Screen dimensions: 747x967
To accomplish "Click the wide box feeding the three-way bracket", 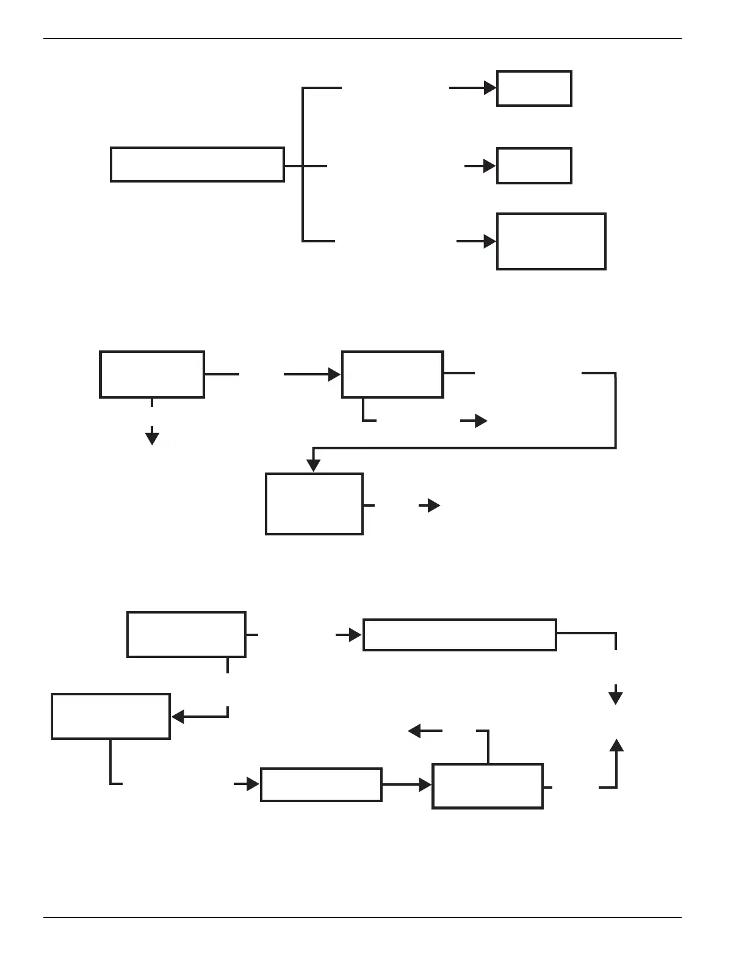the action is point(197,165).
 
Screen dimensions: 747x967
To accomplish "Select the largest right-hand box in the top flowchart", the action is point(551,241).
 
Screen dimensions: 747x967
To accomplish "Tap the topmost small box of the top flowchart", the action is point(534,89).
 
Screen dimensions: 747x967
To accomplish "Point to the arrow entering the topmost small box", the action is point(473,88).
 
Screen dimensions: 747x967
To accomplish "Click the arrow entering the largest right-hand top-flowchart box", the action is point(477,242).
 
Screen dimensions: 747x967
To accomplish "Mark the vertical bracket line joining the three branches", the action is point(303,165).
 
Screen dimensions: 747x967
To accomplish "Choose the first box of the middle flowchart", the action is point(152,374).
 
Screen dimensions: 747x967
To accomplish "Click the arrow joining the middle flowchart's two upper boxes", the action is point(312,374).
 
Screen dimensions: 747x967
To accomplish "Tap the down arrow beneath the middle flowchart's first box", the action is point(152,437).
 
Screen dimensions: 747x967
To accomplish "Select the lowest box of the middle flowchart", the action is point(314,504).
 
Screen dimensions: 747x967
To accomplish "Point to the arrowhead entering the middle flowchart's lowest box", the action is point(313,465).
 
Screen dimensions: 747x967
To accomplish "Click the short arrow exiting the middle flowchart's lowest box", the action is point(430,505).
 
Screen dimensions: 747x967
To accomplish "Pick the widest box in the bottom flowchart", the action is point(460,635).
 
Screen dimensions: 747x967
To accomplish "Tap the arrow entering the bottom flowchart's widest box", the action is point(349,636).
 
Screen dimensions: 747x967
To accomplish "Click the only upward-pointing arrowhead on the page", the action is point(616,745).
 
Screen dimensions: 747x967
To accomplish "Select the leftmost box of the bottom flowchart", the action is point(110,716).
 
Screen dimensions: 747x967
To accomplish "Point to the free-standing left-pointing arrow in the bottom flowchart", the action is point(425,731).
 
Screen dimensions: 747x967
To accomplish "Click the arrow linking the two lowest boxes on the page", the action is point(407,785).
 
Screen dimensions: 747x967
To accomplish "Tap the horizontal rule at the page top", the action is point(363,38).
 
